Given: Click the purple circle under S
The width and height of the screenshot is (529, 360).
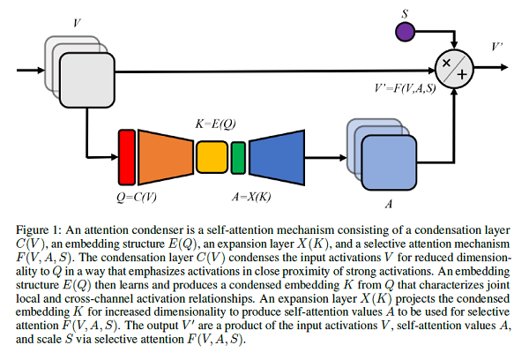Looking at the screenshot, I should (405, 33).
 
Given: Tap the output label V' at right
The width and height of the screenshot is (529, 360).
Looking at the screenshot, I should (499, 44).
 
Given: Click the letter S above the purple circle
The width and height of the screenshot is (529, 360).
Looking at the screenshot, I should (405, 13).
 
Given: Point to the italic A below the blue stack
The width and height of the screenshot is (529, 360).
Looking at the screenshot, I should (384, 201).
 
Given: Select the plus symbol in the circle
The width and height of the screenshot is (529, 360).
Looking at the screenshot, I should (461, 75).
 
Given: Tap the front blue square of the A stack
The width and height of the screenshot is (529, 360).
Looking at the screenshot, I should (384, 164).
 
